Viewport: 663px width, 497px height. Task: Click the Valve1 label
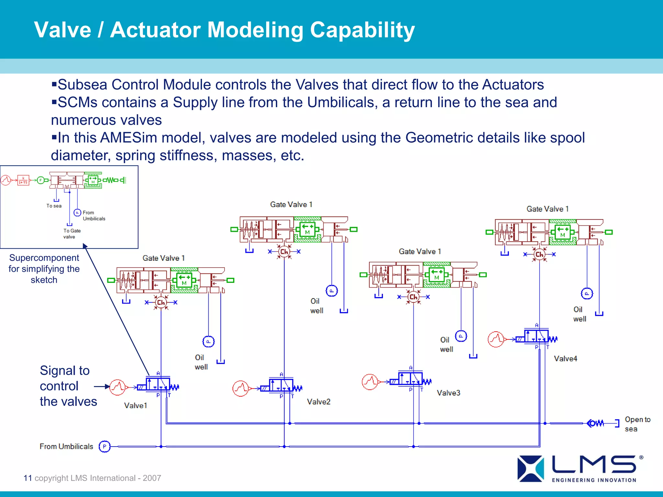[x=135, y=405]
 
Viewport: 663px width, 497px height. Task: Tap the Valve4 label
[x=565, y=359]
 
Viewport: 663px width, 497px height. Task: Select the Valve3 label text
[x=448, y=393]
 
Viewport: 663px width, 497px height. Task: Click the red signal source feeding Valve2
[x=241, y=388]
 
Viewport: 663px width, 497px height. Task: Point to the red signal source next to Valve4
[x=496, y=339]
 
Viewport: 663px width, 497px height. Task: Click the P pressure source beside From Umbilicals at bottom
[x=104, y=447]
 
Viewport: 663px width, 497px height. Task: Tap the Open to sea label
[x=637, y=424]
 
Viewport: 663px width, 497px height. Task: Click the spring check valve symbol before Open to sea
[x=595, y=423]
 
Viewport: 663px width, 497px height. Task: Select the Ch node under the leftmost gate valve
[x=161, y=302]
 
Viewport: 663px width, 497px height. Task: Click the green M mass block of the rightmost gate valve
[x=563, y=232]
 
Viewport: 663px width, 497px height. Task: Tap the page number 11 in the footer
[x=28, y=478]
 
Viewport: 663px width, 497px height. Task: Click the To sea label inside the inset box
[x=54, y=206]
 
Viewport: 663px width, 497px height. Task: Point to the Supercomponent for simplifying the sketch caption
[x=44, y=269]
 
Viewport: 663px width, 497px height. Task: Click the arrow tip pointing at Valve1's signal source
[x=108, y=387]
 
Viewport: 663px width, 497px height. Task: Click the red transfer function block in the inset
[x=23, y=180]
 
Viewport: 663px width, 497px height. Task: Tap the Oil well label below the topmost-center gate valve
[x=316, y=306]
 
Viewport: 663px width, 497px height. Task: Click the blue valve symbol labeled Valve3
[x=410, y=379]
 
